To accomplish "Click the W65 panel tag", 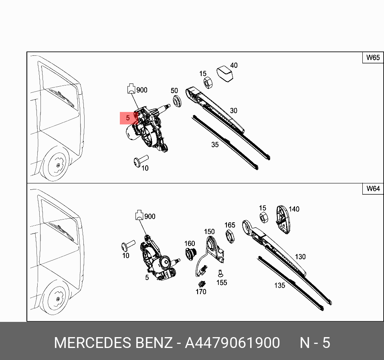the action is coord(372,58).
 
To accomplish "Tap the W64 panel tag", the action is coord(372,189).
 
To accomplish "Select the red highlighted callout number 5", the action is coord(128,118).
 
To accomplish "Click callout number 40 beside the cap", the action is coord(233,65).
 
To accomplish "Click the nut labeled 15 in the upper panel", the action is coord(208,83).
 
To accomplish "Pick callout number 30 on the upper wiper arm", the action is coord(233,111).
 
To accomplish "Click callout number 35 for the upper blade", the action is coord(215,144).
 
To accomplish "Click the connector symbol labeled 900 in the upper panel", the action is coord(131,88).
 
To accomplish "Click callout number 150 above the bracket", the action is coord(209,232).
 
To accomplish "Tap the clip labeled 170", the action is coord(202,283).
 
